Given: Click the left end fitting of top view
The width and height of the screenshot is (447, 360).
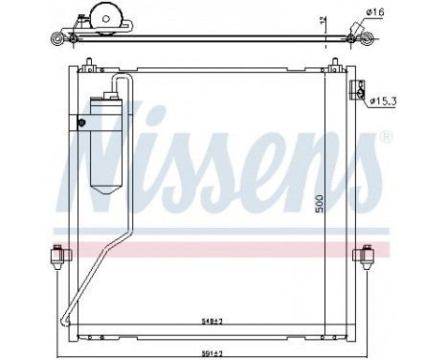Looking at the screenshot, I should (60, 39).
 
